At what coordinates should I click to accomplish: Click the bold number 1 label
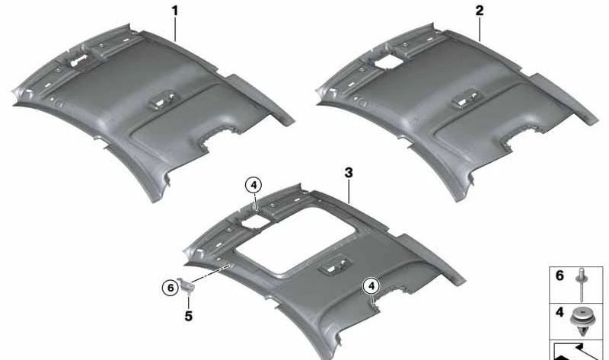(175, 11)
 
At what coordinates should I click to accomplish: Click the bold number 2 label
(480, 11)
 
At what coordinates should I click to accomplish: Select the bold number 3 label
(349, 173)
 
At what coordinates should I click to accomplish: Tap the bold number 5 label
(188, 316)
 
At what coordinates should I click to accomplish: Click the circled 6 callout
(170, 288)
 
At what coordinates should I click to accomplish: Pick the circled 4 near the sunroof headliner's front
(253, 185)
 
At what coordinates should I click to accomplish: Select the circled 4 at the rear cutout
(371, 286)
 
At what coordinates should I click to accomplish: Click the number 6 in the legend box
(560, 276)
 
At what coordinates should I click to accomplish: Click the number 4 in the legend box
(560, 312)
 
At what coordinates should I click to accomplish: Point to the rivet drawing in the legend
(582, 285)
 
